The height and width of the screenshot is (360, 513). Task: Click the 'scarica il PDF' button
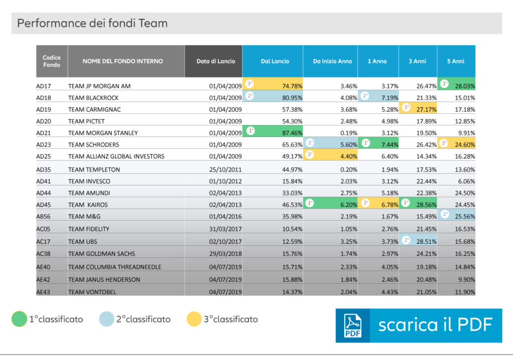418,325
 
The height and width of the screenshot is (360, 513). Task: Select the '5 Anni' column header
456,61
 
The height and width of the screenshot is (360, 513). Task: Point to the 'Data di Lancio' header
213,61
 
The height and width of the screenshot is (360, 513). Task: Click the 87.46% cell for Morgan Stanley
292,133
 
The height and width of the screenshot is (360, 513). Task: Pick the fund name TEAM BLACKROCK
94,98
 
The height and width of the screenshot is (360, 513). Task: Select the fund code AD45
44,205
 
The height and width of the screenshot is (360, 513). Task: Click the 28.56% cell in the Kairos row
426,205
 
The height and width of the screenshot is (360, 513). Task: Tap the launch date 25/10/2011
225,169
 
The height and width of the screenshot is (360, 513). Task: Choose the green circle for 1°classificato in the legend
19,319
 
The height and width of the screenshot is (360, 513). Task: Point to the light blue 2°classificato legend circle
106,319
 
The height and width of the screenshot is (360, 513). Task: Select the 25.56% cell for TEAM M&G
464,217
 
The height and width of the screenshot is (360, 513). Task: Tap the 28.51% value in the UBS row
426,241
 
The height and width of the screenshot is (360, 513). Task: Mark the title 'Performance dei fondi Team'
92,23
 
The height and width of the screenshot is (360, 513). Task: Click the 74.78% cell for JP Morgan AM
292,86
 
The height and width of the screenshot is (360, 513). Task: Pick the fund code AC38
44,254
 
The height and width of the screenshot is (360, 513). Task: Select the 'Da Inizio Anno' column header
332,61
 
